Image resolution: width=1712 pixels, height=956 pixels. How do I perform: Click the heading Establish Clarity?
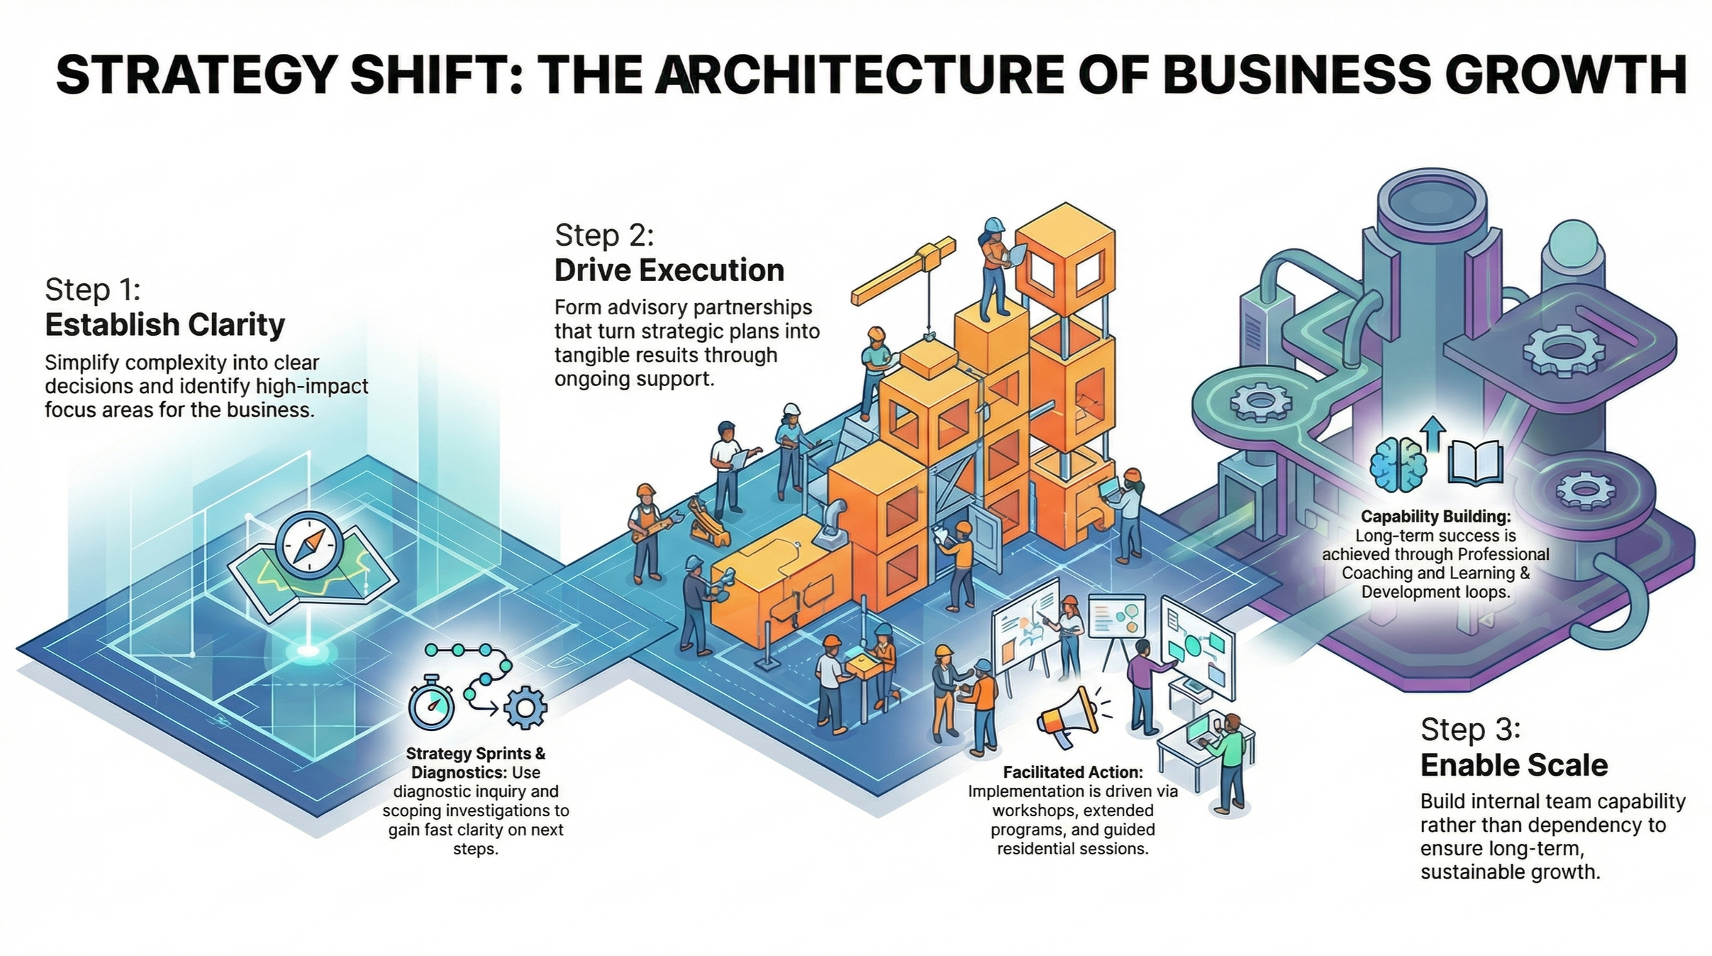click(x=165, y=325)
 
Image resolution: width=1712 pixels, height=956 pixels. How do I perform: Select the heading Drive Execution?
click(x=669, y=270)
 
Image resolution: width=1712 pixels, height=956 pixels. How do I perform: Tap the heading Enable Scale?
click(x=1513, y=765)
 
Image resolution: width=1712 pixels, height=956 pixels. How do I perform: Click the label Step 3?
click(x=1470, y=730)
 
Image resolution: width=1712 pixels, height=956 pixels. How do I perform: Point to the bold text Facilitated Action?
click(x=1072, y=772)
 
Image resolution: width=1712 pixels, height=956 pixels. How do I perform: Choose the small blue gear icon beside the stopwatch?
click(x=525, y=708)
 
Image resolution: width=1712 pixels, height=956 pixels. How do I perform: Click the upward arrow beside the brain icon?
click(x=1434, y=433)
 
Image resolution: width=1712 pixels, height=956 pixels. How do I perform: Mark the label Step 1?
click(x=93, y=290)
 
